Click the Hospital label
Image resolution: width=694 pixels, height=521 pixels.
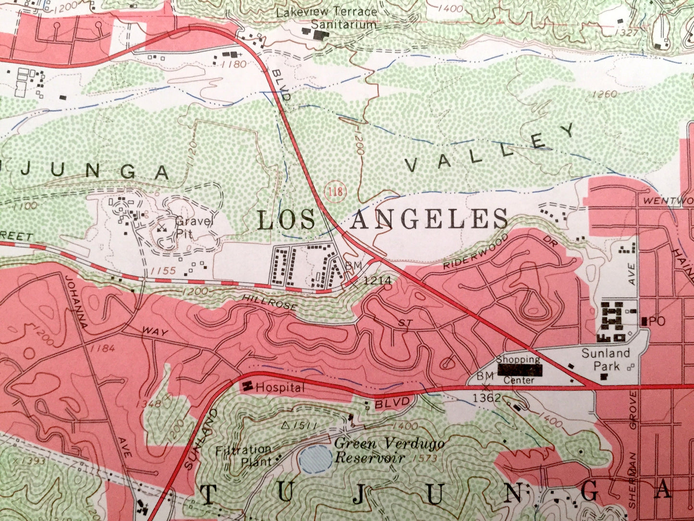(280, 387)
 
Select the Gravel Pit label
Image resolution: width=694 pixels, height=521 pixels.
(195, 228)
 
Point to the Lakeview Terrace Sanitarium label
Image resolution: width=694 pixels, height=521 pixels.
(327, 18)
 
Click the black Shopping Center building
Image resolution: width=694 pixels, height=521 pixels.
(521, 370)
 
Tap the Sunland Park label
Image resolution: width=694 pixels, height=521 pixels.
(606, 360)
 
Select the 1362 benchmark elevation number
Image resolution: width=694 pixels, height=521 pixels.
(487, 398)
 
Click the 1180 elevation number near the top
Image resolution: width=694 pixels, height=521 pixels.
(234, 64)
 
